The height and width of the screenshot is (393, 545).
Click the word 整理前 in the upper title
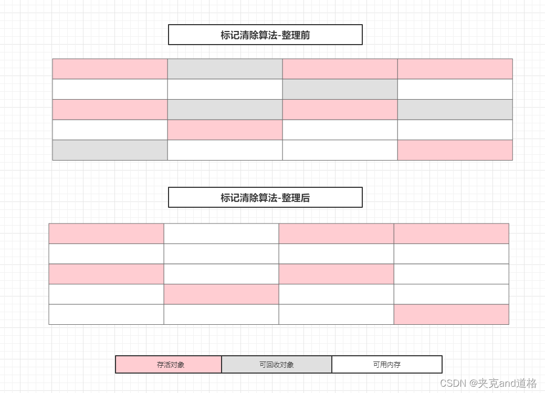pyautogui.click(x=296, y=35)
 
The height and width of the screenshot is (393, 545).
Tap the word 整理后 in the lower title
pyautogui.click(x=296, y=198)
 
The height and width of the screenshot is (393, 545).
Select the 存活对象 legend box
pyautogui.click(x=169, y=365)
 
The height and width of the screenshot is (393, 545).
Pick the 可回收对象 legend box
pyautogui.click(x=277, y=365)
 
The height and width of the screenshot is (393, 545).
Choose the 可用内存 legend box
pyautogui.click(x=387, y=365)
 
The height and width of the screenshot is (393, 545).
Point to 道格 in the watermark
pyautogui.click(x=527, y=383)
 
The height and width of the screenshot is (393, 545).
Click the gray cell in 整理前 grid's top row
pyautogui.click(x=225, y=69)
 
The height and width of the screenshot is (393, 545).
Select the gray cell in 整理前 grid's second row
pyautogui.click(x=340, y=89)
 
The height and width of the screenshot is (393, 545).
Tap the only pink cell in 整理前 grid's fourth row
pyautogui.click(x=225, y=130)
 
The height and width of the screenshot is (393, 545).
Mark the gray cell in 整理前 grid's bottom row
pyautogui.click(x=110, y=150)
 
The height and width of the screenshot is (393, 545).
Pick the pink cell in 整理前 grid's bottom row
pyautogui.click(x=455, y=150)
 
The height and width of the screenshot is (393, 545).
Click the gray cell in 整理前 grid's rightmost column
pyautogui.click(x=455, y=109)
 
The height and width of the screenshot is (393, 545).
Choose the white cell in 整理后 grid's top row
pyautogui.click(x=221, y=233)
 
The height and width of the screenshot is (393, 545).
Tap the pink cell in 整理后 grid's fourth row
pyautogui.click(x=221, y=294)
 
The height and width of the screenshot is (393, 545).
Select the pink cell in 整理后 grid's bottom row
pyautogui.click(x=451, y=314)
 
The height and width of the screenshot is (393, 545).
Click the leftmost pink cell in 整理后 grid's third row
pyautogui.click(x=106, y=274)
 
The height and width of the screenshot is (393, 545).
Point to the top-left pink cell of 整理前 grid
pyautogui.click(x=110, y=69)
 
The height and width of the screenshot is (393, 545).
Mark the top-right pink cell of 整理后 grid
pyautogui.click(x=451, y=233)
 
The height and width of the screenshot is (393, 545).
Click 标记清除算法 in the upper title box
pyautogui.click(x=248, y=35)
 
